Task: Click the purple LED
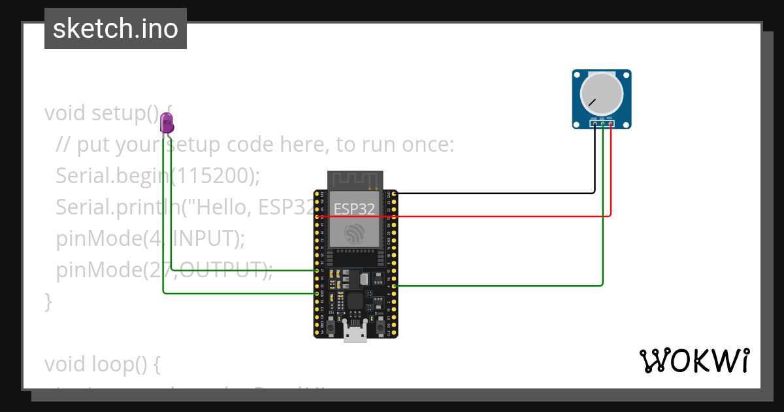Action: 167,122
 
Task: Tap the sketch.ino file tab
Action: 116,29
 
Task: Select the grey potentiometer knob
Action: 602,93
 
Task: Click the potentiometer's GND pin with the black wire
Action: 595,123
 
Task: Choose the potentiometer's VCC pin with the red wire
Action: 610,123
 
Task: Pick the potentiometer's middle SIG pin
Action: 602,123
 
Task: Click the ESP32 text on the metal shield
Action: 355,209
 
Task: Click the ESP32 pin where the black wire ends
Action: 393,194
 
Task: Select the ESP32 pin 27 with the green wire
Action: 317,270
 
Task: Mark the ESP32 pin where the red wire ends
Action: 317,216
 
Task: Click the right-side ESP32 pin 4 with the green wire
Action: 393,286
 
